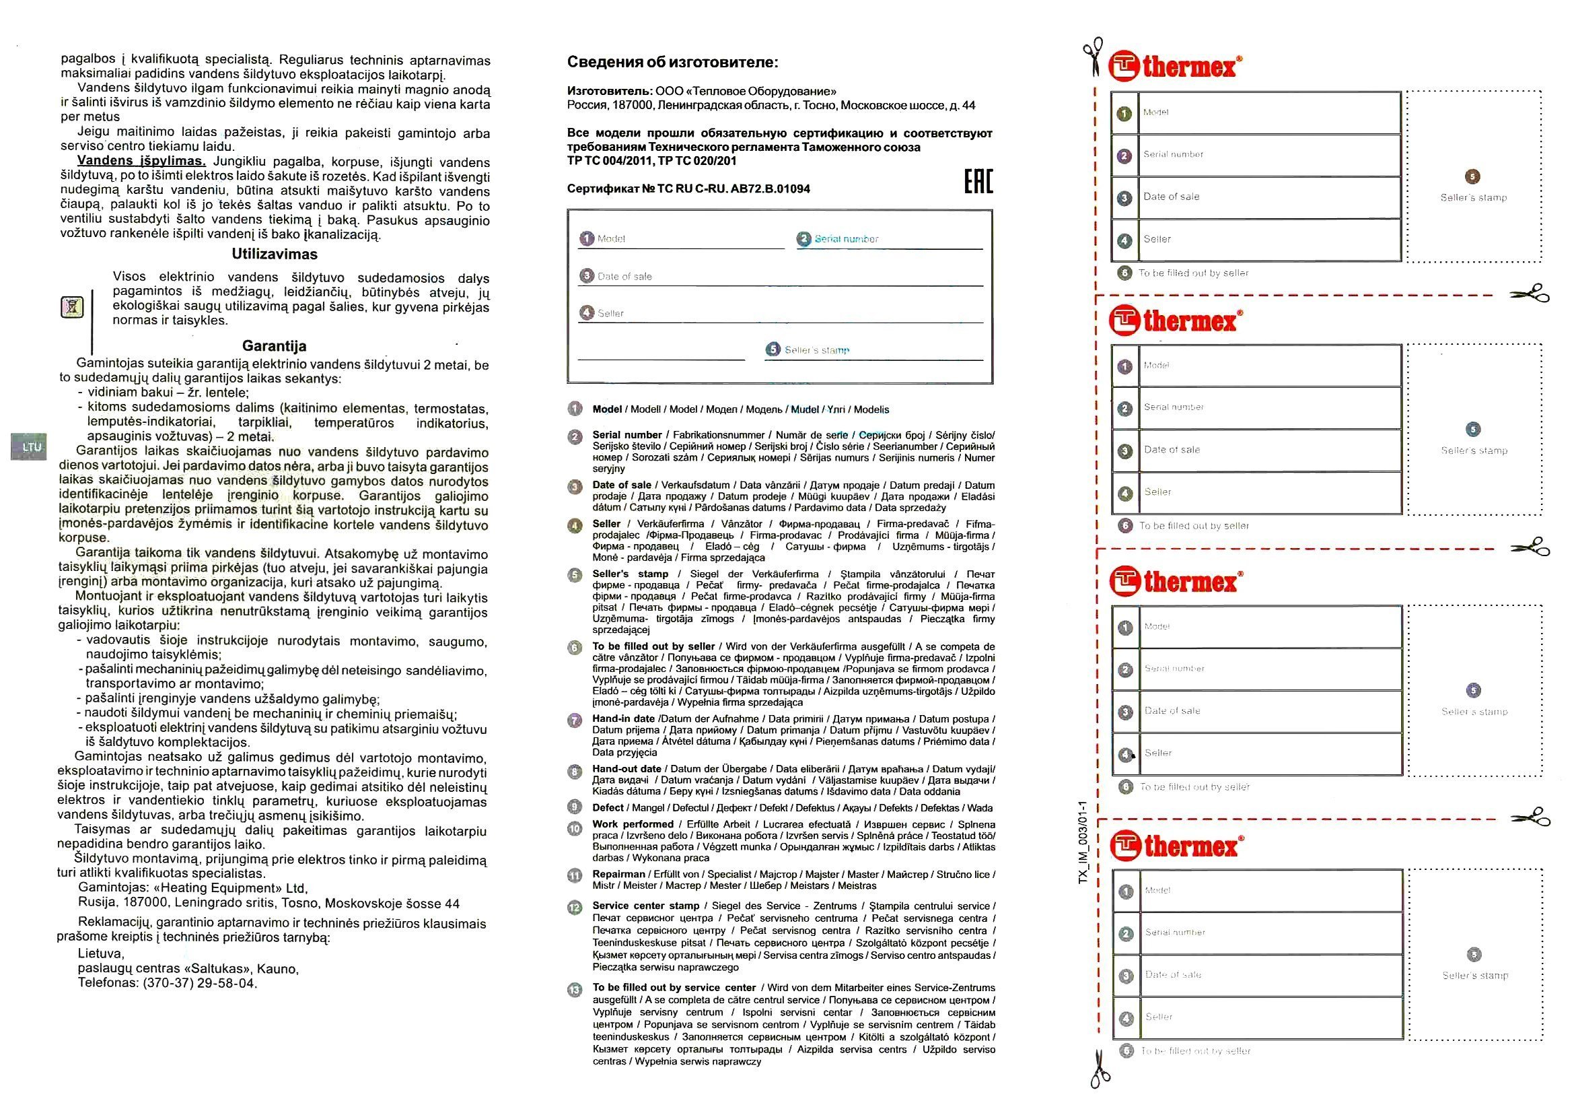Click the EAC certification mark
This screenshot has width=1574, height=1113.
click(x=978, y=180)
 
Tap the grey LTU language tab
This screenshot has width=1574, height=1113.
click(x=32, y=447)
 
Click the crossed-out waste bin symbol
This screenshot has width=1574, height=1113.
click(x=72, y=306)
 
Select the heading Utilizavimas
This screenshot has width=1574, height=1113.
click(x=274, y=255)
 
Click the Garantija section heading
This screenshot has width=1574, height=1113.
click(x=274, y=346)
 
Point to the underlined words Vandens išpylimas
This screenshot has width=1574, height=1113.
click(x=141, y=161)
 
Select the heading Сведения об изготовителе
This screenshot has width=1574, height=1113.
click(x=672, y=63)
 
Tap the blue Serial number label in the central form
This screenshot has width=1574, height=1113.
click(x=846, y=238)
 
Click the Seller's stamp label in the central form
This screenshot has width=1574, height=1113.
click(x=816, y=349)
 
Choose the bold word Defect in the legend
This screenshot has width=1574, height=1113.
click(x=608, y=808)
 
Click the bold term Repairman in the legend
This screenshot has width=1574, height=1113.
click(x=618, y=875)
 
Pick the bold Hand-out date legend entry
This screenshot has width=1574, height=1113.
click(x=627, y=769)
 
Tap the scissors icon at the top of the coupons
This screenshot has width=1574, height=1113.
click(x=1093, y=57)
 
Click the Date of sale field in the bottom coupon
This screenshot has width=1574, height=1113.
click(x=1270, y=975)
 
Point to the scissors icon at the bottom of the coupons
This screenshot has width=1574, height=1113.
click(x=1099, y=1070)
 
